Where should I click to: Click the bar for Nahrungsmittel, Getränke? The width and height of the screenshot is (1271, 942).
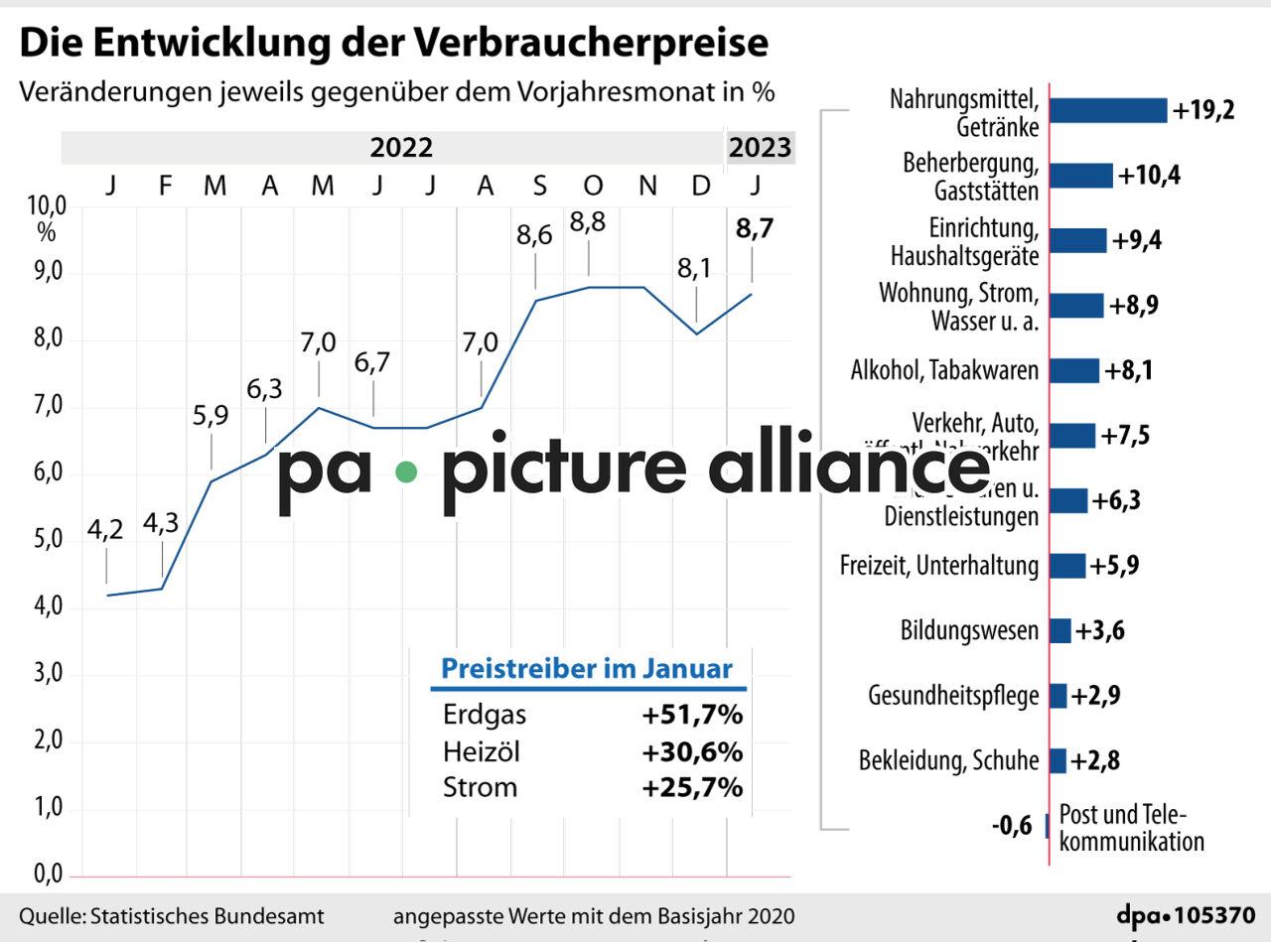[1107, 110]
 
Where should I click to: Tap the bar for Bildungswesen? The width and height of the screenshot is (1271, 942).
[1060, 630]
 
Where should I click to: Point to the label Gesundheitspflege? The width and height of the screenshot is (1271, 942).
[952, 695]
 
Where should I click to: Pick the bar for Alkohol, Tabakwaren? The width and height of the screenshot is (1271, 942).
[1073, 370]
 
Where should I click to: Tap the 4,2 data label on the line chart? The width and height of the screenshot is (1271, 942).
[105, 531]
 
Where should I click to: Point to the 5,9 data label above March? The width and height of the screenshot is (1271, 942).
[210, 415]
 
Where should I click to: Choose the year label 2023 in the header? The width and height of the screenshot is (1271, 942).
[760, 149]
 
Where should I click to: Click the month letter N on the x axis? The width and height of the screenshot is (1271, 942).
[647, 185]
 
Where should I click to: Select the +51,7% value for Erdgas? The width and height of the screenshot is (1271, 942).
[692, 716]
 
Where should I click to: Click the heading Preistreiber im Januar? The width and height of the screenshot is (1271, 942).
[586, 668]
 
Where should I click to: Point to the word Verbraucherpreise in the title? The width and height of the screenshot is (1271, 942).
[591, 43]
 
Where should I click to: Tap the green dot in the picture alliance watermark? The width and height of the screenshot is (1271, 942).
[405, 472]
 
